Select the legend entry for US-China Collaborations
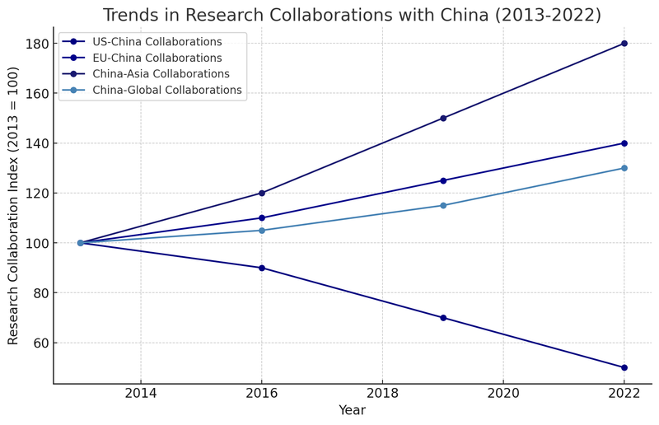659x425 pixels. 157,42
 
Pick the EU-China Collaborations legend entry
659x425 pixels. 157,58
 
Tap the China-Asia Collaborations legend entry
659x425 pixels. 161,74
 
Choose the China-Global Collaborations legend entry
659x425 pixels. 167,91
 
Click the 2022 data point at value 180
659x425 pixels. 624,44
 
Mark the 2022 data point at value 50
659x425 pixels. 624,367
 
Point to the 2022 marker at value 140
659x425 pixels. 624,143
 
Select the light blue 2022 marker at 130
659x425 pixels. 624,168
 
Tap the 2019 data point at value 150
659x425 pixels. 443,119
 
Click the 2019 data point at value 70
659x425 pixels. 443,318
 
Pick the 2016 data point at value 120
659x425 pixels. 262,194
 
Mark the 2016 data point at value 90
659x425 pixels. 262,268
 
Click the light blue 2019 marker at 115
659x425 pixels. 443,205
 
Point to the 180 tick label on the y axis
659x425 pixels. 35,44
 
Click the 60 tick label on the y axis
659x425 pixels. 39,343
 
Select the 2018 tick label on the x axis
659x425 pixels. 382,393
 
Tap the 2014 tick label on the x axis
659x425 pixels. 141,393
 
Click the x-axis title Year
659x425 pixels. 352,411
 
